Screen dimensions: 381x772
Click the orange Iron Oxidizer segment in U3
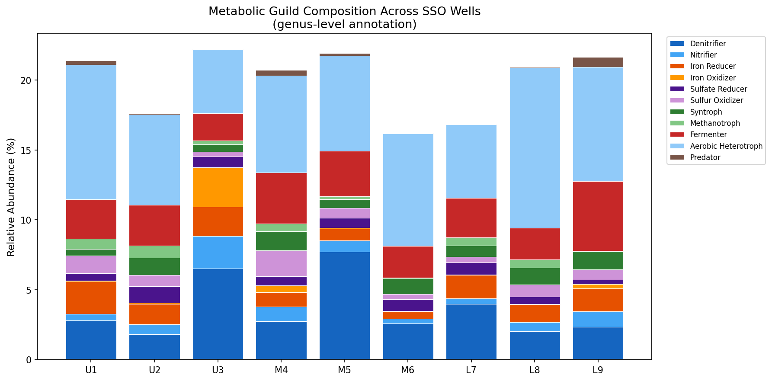coord(218,187)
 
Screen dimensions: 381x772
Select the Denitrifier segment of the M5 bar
coord(344,305)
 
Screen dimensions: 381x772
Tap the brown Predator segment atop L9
coord(598,62)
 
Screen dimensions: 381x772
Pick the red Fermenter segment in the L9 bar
coord(598,216)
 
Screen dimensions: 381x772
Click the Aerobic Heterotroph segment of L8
coord(535,148)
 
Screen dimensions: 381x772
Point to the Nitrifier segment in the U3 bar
coord(218,253)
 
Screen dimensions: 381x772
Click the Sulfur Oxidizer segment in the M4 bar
coord(281,263)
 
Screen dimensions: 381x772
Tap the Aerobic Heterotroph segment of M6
coord(408,190)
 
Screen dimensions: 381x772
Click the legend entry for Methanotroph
coord(714,123)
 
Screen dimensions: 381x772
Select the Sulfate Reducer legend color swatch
coord(677,89)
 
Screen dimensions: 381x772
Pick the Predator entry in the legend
coord(705,157)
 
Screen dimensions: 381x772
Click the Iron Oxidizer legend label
coord(713,78)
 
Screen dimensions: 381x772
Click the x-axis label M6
coord(408,370)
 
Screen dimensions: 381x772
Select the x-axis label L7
coord(471,370)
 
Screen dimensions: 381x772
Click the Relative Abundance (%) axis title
coord(11,197)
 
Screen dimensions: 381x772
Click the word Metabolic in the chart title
coord(231,11)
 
